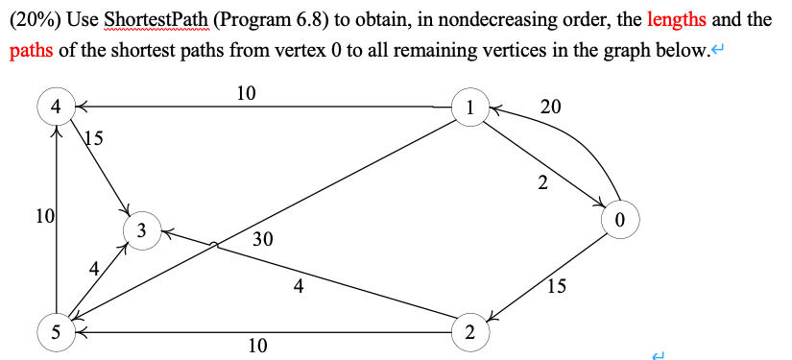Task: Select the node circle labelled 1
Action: pyautogui.click(x=469, y=108)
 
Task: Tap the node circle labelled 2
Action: pyautogui.click(x=468, y=332)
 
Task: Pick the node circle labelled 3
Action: pyautogui.click(x=141, y=230)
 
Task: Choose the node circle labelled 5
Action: pyautogui.click(x=57, y=332)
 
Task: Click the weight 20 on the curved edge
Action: pyautogui.click(x=551, y=107)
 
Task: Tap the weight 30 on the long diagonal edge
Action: pyautogui.click(x=263, y=239)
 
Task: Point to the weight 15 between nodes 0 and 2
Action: pyautogui.click(x=557, y=284)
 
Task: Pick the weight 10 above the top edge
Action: pyautogui.click(x=246, y=92)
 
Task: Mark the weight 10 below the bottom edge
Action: pyautogui.click(x=257, y=346)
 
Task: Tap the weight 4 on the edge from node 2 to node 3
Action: pyautogui.click(x=300, y=284)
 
